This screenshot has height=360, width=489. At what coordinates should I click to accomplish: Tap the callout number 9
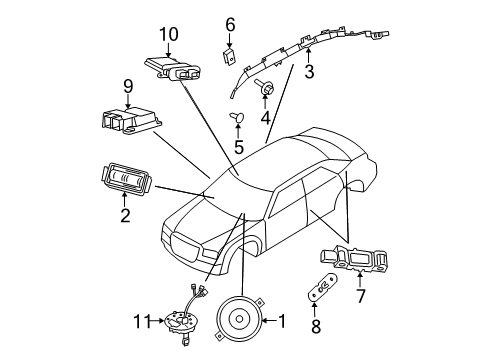click(x=128, y=86)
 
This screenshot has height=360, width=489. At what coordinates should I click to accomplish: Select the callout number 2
click(x=124, y=212)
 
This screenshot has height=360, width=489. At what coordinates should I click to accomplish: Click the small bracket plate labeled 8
click(x=322, y=289)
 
